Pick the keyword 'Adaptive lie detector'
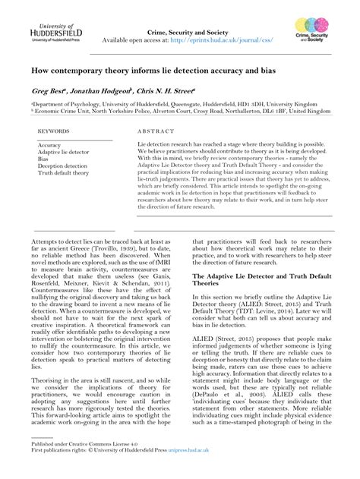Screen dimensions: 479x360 click(x=63, y=152)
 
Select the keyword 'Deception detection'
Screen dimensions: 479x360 click(x=62, y=165)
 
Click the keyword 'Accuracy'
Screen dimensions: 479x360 click(x=49, y=145)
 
